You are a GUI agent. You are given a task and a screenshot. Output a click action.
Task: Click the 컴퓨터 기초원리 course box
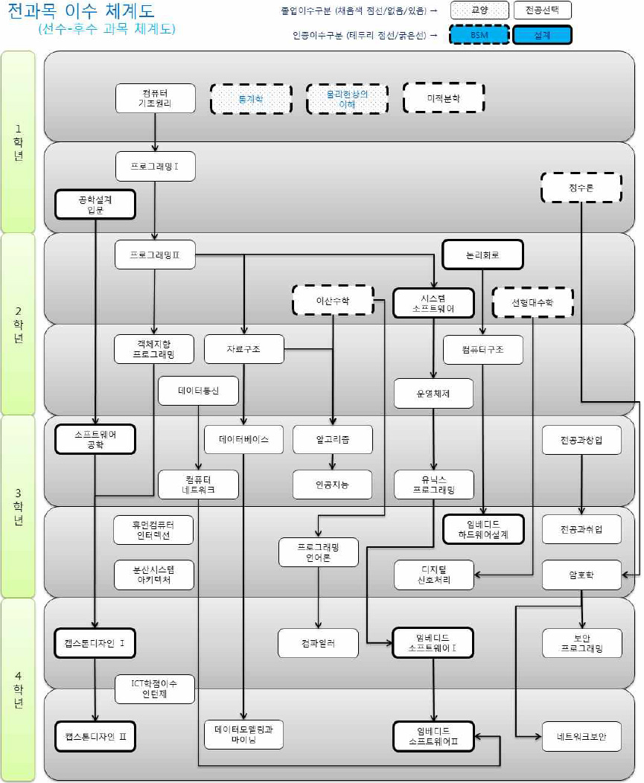pos(156,98)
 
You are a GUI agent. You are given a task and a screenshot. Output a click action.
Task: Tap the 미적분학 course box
pos(444,98)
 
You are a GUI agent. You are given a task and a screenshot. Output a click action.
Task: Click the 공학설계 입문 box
pos(95,204)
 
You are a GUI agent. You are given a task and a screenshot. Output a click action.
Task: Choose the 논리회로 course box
pos(482,255)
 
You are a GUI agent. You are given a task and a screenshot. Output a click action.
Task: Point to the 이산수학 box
pos(332,301)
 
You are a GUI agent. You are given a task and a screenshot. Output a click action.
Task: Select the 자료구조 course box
pos(244,349)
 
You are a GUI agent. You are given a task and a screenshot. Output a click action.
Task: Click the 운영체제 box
pos(433,393)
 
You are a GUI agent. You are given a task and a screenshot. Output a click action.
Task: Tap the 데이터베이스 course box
pos(244,439)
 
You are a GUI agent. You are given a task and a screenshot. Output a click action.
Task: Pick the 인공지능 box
pos(332,485)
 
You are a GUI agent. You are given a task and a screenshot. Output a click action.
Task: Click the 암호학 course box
pos(581,575)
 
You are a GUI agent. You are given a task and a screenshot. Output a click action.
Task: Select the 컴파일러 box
pos(318,643)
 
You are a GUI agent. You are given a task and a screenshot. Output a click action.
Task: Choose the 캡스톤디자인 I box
pos(95,643)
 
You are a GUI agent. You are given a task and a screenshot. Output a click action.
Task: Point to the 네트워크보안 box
pos(581,736)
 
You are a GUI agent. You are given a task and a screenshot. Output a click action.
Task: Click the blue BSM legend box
pos(478,36)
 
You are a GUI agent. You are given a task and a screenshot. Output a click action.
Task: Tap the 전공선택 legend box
pos(542,10)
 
